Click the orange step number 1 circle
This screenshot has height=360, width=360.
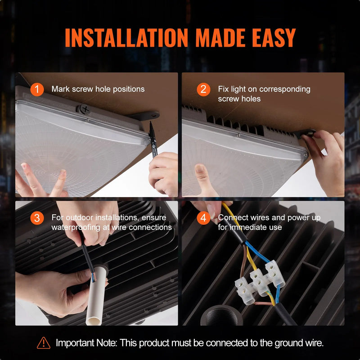point(37,89)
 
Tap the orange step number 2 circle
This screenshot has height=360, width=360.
point(203,89)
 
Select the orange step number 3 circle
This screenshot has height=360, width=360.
point(37,218)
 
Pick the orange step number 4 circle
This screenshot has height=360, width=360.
point(203,218)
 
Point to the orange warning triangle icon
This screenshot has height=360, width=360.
point(44,343)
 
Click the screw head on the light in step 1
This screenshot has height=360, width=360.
point(84,109)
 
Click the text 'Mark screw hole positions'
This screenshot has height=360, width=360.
point(98,89)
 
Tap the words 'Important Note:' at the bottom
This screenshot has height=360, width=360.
point(85,343)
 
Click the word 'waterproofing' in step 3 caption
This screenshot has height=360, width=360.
point(75,227)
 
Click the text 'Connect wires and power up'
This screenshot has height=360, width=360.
point(269,218)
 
